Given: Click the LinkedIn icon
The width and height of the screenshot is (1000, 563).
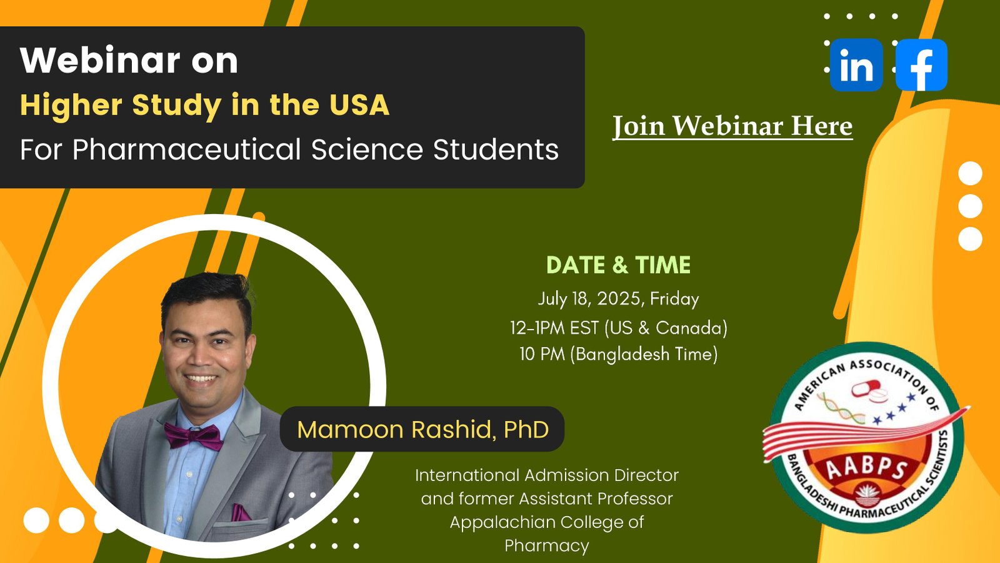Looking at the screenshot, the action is coord(856,65).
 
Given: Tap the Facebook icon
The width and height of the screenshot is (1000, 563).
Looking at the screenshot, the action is coord(921,65).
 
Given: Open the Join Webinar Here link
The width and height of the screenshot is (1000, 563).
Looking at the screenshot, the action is coord(732,126).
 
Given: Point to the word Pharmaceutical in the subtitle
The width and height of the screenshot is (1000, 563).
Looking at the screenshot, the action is coord(187,149).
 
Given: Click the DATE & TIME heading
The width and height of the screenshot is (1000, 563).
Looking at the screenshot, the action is coord(618,265).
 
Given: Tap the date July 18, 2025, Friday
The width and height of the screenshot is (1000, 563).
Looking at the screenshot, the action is coord(618,299).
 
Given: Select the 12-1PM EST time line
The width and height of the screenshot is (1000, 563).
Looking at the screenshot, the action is coord(619,328).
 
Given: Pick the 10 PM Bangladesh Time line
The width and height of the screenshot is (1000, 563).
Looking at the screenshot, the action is coord(619,354).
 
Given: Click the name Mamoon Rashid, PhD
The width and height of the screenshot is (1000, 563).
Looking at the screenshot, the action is coord(422,429).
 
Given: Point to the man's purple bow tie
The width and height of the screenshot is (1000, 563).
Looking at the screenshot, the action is coord(193,436).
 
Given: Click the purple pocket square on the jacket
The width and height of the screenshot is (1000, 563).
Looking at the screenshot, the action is coord(241,513).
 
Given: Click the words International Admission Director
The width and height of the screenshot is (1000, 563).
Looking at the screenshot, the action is coord(547,475).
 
